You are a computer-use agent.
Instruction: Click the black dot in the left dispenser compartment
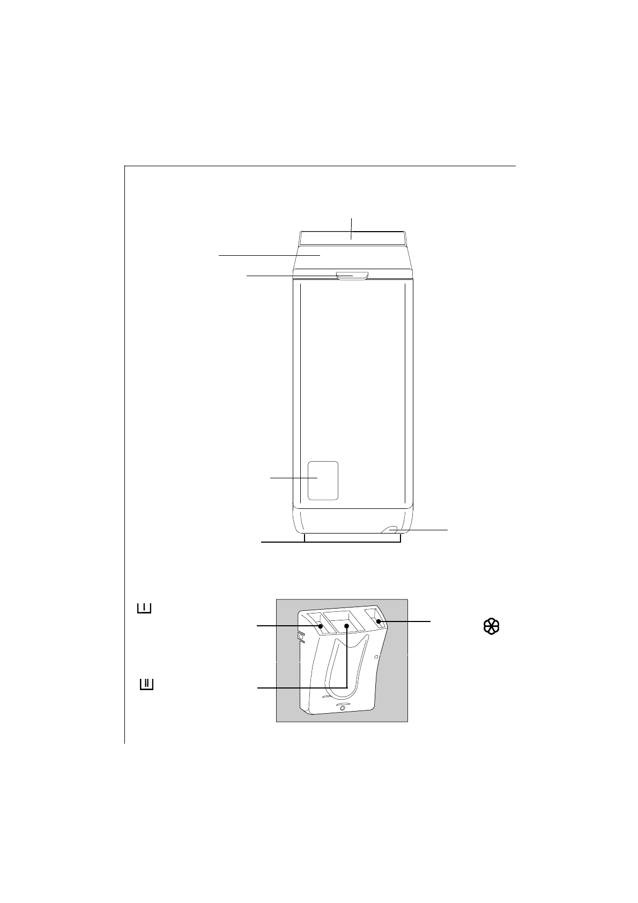pyautogui.click(x=321, y=626)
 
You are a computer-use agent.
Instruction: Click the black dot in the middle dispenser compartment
pyautogui.click(x=347, y=625)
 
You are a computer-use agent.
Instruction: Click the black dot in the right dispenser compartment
pyautogui.click(x=379, y=622)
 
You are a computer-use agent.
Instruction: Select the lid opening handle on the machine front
pyautogui.click(x=353, y=276)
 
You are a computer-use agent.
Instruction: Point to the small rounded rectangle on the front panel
pyautogui.click(x=323, y=480)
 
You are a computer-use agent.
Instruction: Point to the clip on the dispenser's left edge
pyautogui.click(x=300, y=636)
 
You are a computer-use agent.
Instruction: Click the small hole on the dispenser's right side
pyautogui.click(x=376, y=656)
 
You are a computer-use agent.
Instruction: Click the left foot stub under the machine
pyautogui.click(x=305, y=538)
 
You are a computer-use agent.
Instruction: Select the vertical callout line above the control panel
pyautogui.click(x=352, y=224)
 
